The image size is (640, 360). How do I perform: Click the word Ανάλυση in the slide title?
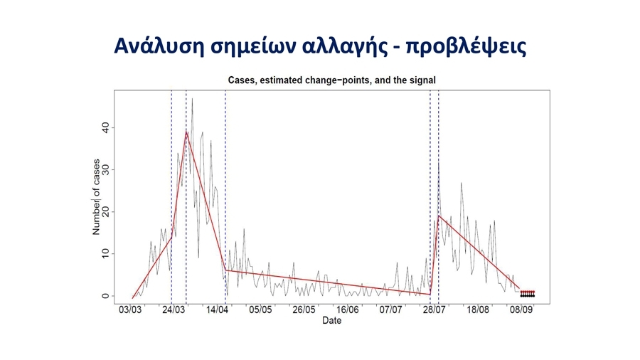point(159,46)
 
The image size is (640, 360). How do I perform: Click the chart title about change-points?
point(332,80)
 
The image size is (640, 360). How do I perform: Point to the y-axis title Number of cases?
point(96,197)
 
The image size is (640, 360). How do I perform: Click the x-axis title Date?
point(331,320)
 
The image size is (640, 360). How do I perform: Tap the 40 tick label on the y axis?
point(105,128)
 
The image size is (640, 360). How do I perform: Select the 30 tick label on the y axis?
point(105,170)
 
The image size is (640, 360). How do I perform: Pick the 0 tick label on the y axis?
point(105,296)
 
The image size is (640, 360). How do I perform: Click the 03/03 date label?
point(130,309)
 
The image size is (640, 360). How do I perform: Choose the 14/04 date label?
point(217,309)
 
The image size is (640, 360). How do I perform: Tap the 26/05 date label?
point(304,309)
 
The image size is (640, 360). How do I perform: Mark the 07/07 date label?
point(390,309)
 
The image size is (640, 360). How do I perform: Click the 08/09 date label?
point(521,309)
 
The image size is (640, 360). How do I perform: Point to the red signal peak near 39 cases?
point(186,132)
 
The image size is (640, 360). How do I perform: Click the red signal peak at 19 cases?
point(439,216)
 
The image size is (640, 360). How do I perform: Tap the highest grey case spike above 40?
point(192,99)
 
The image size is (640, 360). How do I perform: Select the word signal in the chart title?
point(422,80)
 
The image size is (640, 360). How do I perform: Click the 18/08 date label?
point(478,309)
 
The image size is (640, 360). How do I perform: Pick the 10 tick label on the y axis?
point(105,254)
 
